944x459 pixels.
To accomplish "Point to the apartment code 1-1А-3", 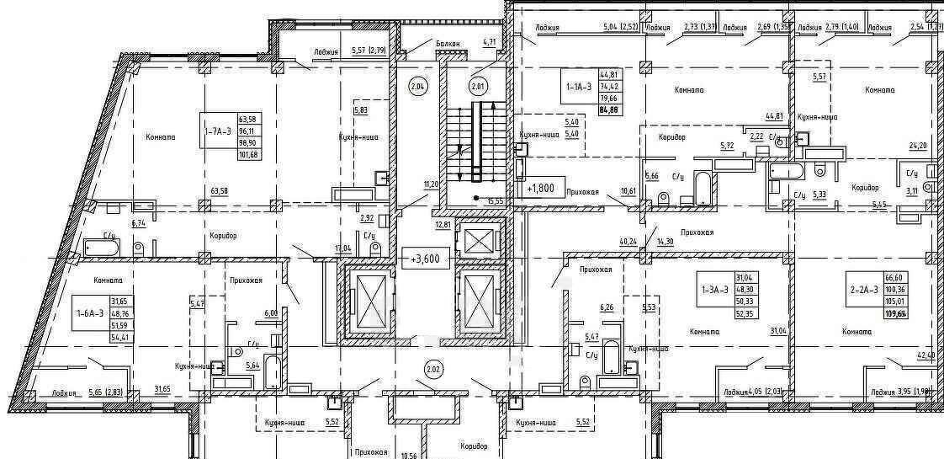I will [579, 85].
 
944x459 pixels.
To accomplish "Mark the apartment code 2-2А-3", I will [864, 289].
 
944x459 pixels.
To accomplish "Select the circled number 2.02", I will [433, 368].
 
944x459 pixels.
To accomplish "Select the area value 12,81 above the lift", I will [443, 225].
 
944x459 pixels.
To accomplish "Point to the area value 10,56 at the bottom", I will [410, 456].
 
